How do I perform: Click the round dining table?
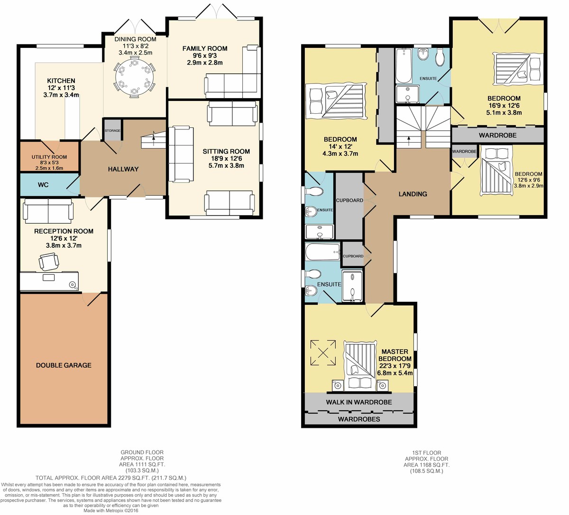pos(134,77)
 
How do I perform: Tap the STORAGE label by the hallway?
pos(112,131)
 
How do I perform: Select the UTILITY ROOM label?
pos(49,157)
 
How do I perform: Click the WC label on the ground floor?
pos(43,185)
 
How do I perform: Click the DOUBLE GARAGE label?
pos(64,365)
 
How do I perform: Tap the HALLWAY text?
pos(123,169)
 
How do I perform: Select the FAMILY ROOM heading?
pos(205,48)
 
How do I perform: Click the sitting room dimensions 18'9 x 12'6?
pos(226,158)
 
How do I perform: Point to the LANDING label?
pos(413,194)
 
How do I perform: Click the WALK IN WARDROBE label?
pos(359,402)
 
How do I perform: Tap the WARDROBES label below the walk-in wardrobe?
pos(359,419)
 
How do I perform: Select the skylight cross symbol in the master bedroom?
pos(323,353)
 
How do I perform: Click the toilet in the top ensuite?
pos(440,57)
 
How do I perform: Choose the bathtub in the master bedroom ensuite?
pos(323,252)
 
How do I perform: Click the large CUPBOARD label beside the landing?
pos(349,200)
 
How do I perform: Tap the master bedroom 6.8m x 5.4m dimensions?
pos(395,373)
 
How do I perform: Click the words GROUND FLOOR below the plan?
pos(142,452)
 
